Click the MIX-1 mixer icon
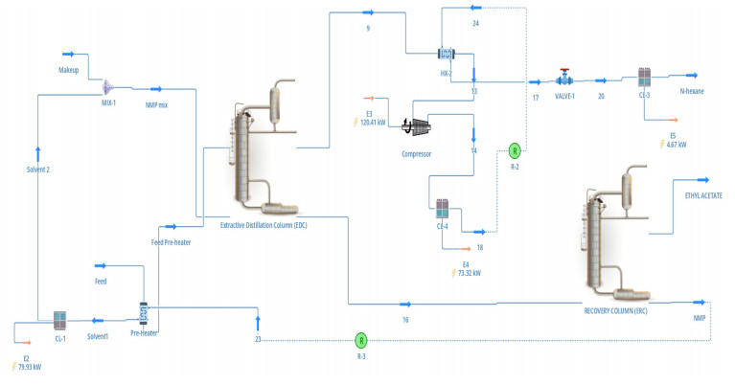coord(108,86)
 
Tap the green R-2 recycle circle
coord(514,150)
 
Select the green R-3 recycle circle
coord(361,339)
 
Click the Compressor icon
coord(418,127)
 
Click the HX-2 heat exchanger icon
coord(446,54)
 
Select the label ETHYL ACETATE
coord(703,195)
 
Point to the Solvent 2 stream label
coord(37,170)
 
